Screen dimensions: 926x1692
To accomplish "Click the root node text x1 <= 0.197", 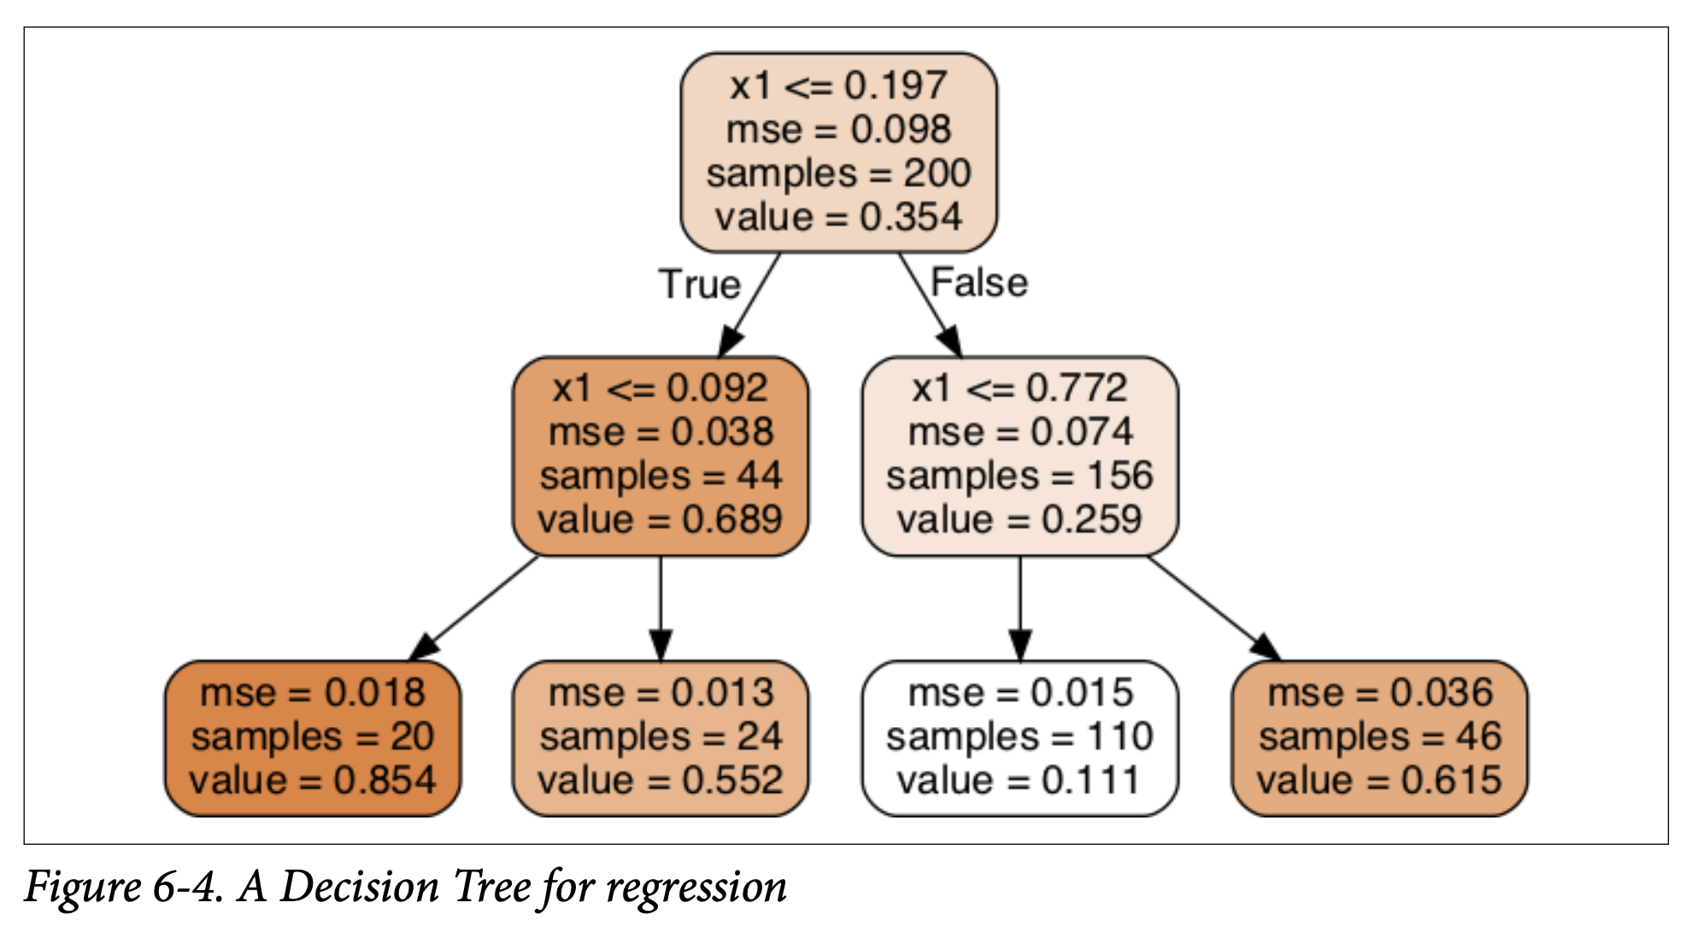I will point(838,86).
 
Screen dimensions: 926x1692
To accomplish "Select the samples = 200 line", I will point(838,173).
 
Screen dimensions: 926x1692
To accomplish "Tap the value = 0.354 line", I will point(838,217).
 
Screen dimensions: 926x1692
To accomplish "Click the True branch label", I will point(699,284).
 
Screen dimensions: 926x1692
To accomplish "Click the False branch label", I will point(978,283).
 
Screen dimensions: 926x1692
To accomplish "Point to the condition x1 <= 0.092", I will point(660,389).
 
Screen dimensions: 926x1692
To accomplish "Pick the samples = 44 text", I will point(660,476).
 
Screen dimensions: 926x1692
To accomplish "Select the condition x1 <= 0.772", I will point(1019,389).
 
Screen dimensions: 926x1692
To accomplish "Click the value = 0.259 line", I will point(1019,519).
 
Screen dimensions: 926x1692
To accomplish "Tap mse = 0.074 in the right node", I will point(1019,432).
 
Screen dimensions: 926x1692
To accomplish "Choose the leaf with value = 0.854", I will point(313,738).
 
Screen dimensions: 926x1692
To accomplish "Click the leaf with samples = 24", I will point(660,738).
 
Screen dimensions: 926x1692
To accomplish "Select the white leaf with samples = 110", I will point(1019,738).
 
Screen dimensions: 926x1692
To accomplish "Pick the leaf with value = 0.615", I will point(1379,738).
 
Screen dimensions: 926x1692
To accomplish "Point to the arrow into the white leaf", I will point(1019,607).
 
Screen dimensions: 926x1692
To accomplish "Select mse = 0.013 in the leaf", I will point(660,693).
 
